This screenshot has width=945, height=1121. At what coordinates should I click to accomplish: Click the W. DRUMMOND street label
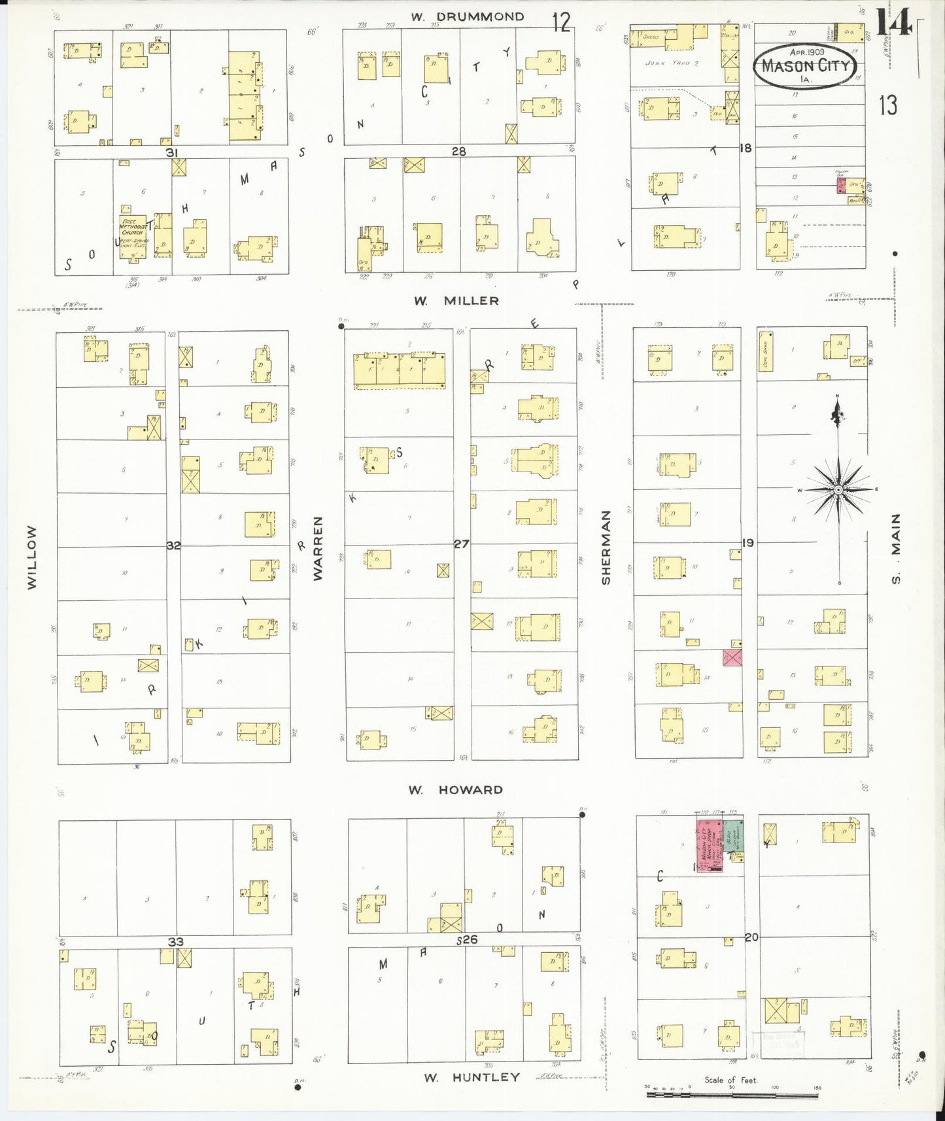click(x=467, y=17)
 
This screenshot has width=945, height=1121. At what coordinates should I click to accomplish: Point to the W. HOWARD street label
click(x=455, y=790)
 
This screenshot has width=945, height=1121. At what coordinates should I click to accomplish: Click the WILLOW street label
click(x=32, y=557)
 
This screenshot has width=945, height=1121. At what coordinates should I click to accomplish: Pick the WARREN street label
click(x=318, y=548)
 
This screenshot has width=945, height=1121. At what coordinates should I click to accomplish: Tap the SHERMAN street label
click(x=606, y=547)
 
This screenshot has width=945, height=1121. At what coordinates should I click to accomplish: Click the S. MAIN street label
click(x=896, y=548)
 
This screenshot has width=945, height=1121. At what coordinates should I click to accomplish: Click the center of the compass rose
click(x=838, y=490)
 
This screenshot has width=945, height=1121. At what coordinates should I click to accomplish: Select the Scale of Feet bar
click(x=732, y=1094)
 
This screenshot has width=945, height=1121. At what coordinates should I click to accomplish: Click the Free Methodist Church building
click(x=133, y=235)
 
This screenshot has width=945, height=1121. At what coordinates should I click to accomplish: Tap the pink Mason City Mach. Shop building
click(x=709, y=846)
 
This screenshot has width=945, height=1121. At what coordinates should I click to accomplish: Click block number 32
click(x=173, y=545)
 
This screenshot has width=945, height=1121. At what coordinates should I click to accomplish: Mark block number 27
click(x=461, y=543)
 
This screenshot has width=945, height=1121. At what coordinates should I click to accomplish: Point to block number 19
click(x=747, y=542)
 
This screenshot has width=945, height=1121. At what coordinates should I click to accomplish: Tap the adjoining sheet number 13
click(x=887, y=105)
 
